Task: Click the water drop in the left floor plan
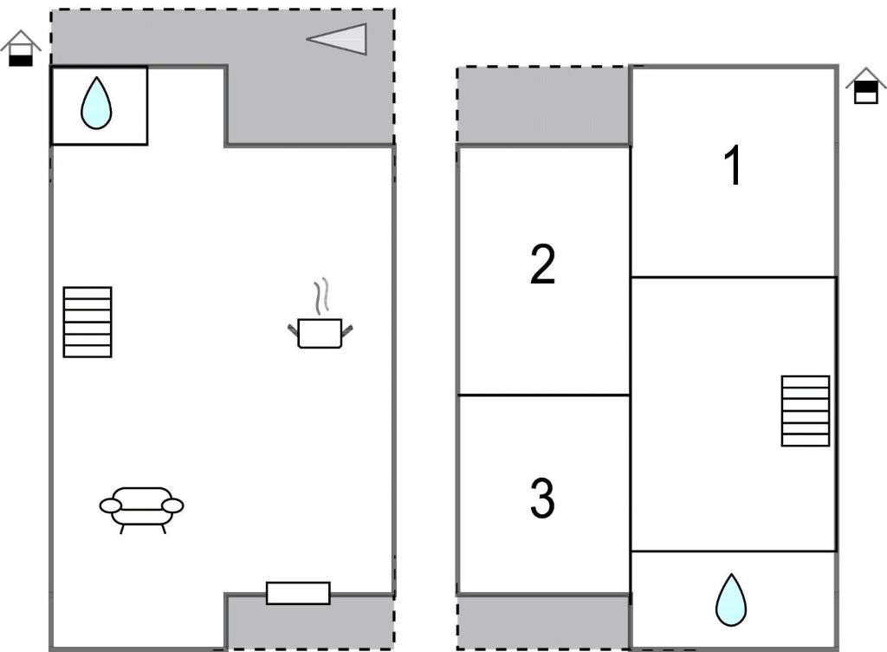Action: pyautogui.click(x=96, y=103)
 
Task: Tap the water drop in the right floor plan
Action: pyautogui.click(x=731, y=600)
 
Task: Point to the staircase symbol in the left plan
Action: pyautogui.click(x=87, y=322)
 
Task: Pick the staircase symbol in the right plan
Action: pyautogui.click(x=806, y=411)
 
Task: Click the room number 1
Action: pyautogui.click(x=733, y=165)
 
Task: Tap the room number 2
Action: pyautogui.click(x=543, y=264)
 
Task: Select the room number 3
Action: pyautogui.click(x=542, y=498)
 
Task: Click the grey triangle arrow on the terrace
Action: pyautogui.click(x=337, y=39)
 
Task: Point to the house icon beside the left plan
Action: pyautogui.click(x=21, y=48)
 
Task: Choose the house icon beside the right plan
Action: pyautogui.click(x=866, y=86)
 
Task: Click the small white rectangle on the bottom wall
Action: pyautogui.click(x=298, y=593)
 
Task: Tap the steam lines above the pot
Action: pyautogui.click(x=322, y=296)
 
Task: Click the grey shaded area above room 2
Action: pyautogui.click(x=543, y=106)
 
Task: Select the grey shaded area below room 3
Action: pyautogui.click(x=543, y=622)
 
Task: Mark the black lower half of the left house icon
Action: pyautogui.click(x=21, y=61)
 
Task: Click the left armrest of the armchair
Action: pyautogui.click(x=110, y=505)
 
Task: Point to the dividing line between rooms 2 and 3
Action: pyautogui.click(x=544, y=394)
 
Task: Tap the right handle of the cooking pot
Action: pyautogui.click(x=346, y=329)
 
